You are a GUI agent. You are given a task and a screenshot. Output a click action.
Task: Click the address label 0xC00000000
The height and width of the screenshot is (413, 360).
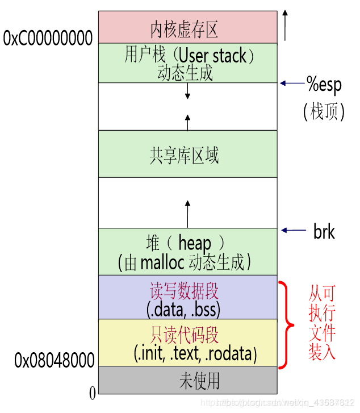point(48,39)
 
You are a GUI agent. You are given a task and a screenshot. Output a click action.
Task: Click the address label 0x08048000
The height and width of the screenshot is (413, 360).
point(55,360)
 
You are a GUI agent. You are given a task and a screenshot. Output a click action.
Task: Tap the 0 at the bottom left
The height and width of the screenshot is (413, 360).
point(92,393)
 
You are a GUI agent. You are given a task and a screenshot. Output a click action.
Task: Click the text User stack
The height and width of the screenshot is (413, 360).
point(213,56)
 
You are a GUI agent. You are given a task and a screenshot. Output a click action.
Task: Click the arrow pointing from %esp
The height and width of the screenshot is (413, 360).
point(292,84)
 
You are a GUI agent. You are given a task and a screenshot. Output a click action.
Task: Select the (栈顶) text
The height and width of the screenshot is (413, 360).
point(324,111)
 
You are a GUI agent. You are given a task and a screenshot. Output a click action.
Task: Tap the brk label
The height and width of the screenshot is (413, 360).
point(324,231)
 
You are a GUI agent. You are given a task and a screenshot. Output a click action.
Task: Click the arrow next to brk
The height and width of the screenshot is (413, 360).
point(293,231)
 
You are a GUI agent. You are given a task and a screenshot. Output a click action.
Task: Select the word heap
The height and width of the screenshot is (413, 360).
point(194,243)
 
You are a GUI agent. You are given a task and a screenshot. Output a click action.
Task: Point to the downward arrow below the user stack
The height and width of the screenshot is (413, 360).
point(187,91)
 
